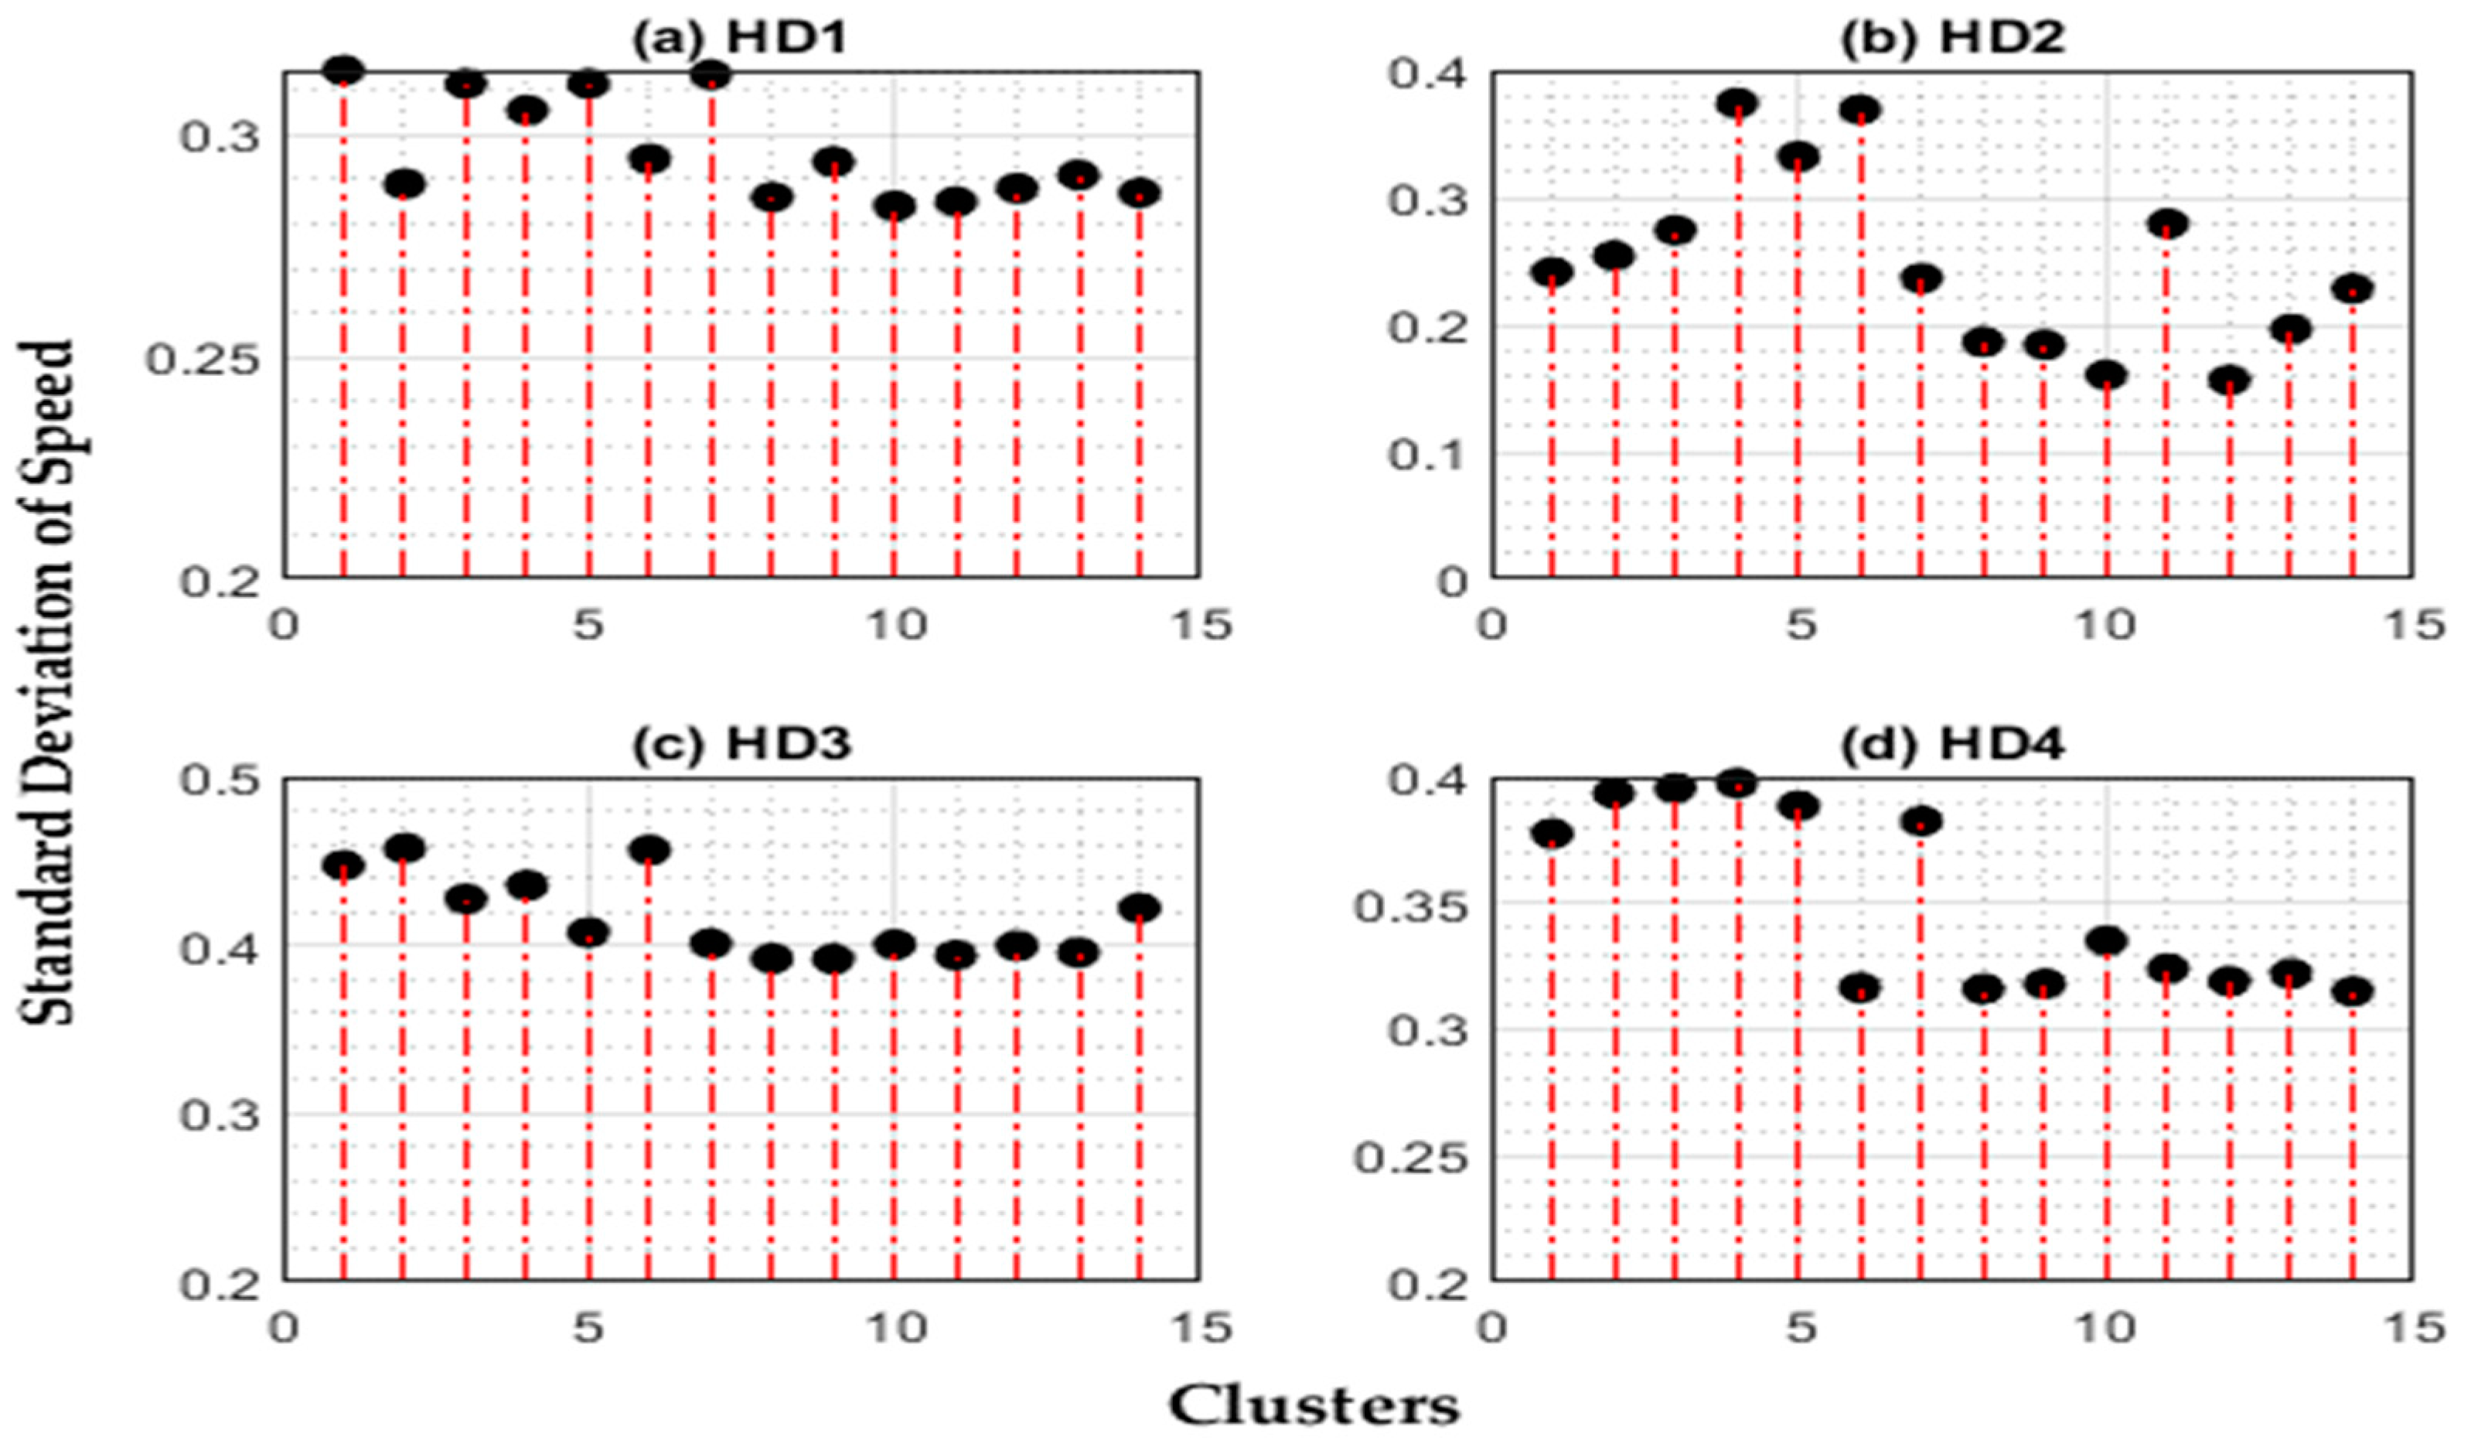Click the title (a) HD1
pos(738,39)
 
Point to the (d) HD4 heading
pos(1951,745)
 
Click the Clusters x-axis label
pos(1314,1407)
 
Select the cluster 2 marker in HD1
pos(403,183)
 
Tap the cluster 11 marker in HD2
pos(2166,224)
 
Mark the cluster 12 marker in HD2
pos(2229,380)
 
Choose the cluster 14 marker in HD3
pos(1140,907)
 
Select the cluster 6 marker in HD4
pos(1860,987)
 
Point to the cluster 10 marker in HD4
pos(2105,940)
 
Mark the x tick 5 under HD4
pos(1798,1329)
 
